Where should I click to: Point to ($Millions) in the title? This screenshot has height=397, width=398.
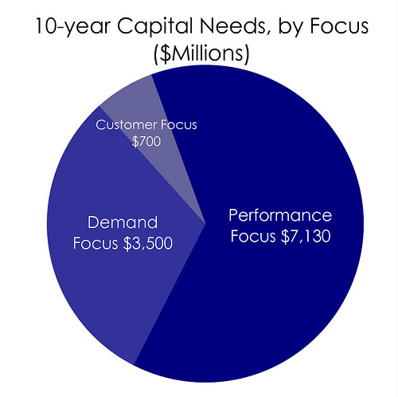click(x=201, y=53)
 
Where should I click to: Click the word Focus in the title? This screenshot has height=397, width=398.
click(x=339, y=26)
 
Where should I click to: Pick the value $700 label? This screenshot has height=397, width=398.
click(x=146, y=141)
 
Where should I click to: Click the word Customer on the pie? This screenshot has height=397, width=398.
click(x=126, y=124)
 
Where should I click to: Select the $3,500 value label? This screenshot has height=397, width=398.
click(x=148, y=243)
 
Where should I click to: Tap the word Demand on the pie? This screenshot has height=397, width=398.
click(x=123, y=222)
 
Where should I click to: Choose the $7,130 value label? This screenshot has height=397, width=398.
click(x=306, y=236)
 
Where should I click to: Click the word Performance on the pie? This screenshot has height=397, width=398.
click(x=280, y=215)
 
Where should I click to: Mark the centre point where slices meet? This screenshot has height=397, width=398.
click(x=205, y=223)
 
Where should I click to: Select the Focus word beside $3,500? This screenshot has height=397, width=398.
click(x=96, y=243)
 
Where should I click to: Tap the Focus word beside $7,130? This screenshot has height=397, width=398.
click(x=253, y=236)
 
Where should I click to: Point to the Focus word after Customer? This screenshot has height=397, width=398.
click(x=179, y=124)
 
